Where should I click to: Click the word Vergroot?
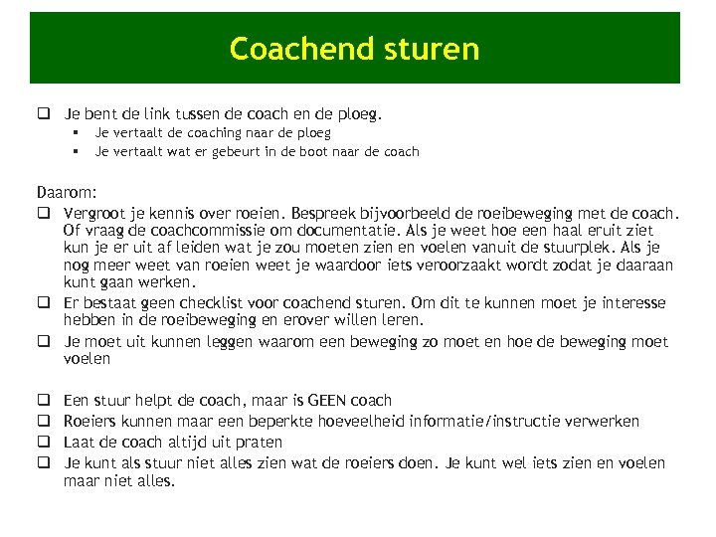[x=96, y=212]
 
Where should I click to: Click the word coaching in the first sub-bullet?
[x=204, y=132]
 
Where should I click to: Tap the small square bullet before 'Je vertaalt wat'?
[x=75, y=152]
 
